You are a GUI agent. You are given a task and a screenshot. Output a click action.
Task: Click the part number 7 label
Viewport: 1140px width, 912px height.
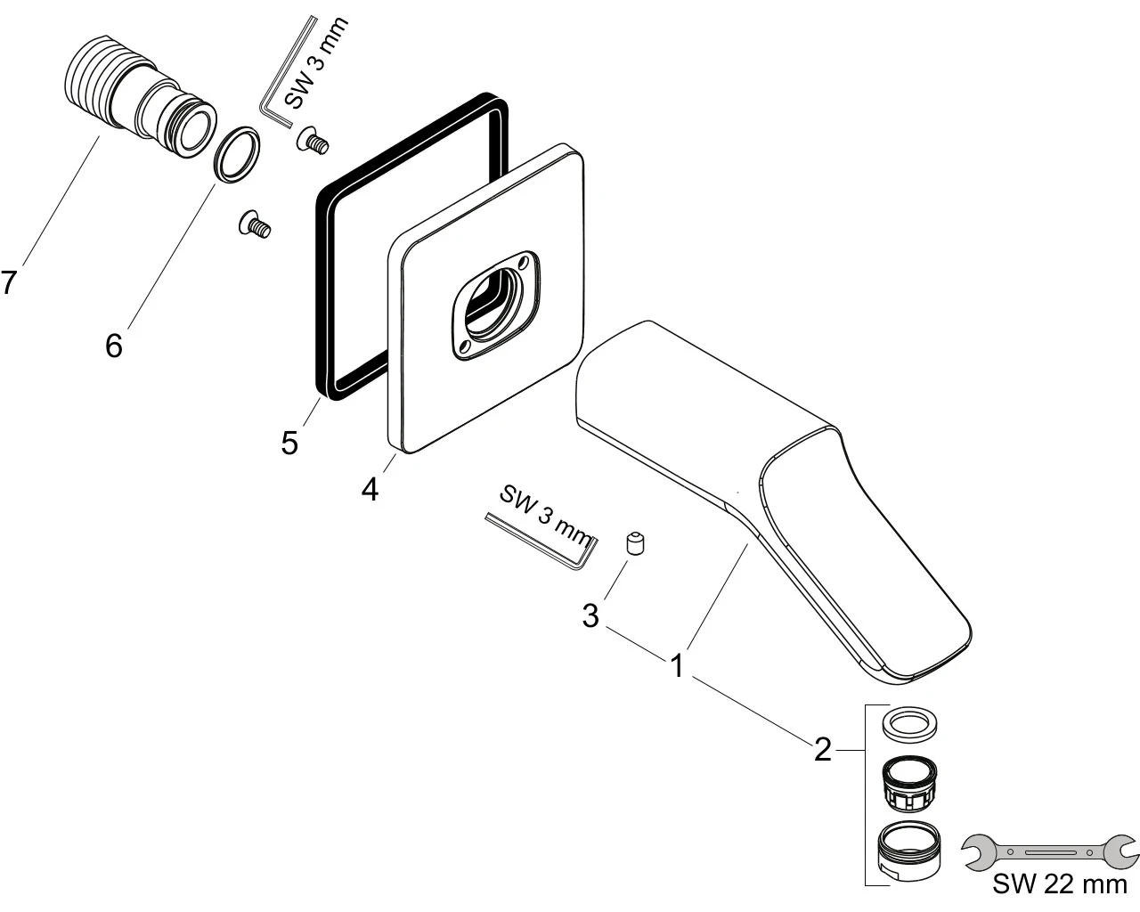(9, 283)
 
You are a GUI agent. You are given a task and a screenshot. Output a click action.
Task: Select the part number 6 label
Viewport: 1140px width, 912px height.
(113, 345)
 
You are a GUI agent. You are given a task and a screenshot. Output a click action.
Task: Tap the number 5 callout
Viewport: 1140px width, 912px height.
(289, 443)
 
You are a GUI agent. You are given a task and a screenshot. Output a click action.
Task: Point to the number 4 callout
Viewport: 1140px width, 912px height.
(370, 488)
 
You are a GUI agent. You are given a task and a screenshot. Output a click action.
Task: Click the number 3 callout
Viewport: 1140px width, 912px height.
(590, 615)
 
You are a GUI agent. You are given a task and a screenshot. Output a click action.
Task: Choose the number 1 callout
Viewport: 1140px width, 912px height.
(678, 665)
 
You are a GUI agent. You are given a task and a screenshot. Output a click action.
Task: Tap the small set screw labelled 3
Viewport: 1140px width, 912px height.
(635, 543)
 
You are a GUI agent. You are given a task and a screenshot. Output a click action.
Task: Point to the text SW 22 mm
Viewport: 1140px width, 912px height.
(1059, 886)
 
